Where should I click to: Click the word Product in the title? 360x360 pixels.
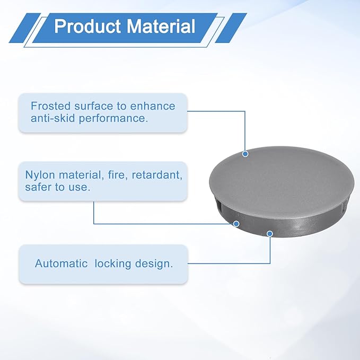point(87,26)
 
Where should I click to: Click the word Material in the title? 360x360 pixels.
point(161,26)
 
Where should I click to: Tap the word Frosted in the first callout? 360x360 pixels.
point(50,106)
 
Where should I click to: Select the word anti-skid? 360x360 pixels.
point(53,118)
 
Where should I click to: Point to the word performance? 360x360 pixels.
point(113,119)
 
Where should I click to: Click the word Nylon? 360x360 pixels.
point(40,175)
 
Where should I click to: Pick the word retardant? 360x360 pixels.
point(157,175)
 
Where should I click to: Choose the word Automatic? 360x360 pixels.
point(62,264)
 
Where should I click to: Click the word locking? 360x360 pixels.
point(112,264)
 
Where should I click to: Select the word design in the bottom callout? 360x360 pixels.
point(154,264)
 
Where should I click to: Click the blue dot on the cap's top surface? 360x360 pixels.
point(245,154)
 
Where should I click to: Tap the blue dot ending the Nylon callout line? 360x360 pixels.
point(236,224)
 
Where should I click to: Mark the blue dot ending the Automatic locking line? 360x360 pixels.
point(270,234)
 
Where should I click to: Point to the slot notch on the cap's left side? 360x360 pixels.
point(218,204)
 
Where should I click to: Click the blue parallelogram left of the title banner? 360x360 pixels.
point(25,28)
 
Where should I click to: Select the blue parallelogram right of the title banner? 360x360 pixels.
point(231,28)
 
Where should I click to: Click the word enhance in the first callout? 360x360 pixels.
point(153,106)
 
